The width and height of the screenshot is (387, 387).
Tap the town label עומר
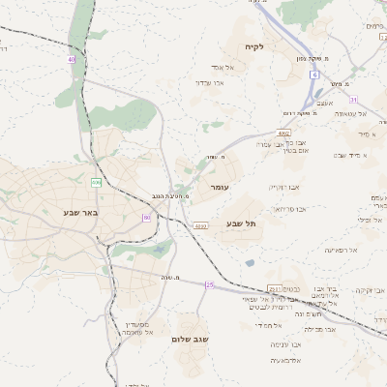(218, 185)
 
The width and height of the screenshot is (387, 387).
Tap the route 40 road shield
(72, 60)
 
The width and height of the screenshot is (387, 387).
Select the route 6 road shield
(314, 74)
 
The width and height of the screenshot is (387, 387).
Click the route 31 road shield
(354, 100)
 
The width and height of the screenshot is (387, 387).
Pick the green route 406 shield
(96, 182)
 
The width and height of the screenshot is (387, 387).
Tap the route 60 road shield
(147, 218)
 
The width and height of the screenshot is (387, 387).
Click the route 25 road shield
(209, 284)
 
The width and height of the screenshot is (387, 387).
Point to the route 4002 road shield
(283, 134)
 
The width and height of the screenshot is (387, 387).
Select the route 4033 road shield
(200, 226)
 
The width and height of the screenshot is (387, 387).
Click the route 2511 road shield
(275, 288)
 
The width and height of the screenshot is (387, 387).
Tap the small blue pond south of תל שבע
(251, 262)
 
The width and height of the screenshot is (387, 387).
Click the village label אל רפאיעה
(342, 251)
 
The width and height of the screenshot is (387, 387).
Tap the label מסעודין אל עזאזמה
(134, 328)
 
